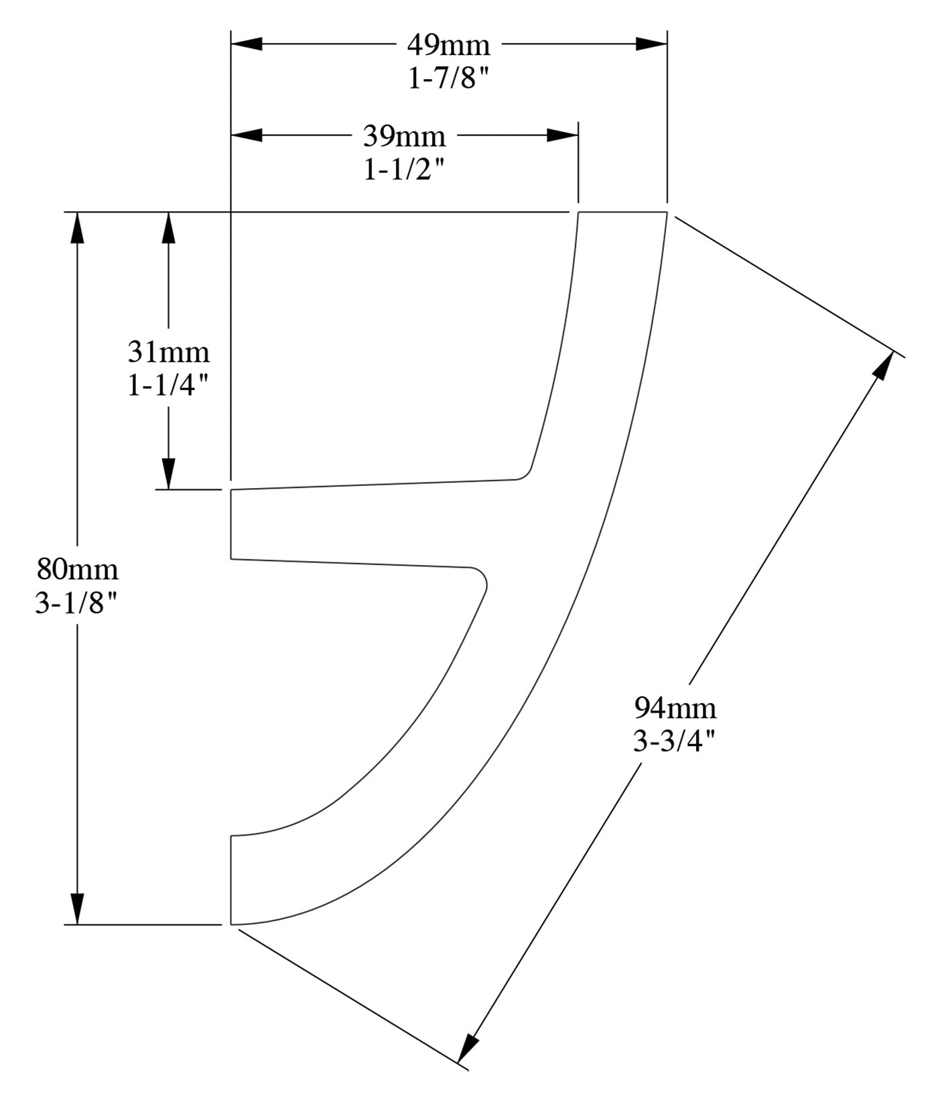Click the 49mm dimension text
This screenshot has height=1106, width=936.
point(448,46)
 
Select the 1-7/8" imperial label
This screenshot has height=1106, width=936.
point(448,79)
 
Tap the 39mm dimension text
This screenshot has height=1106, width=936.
point(404,137)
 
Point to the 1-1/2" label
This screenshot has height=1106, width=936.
point(404,171)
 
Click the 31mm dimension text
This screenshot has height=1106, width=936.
point(168,352)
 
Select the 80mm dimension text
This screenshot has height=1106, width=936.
point(77,569)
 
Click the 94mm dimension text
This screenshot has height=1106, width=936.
point(675,708)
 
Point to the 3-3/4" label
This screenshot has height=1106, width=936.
point(675,742)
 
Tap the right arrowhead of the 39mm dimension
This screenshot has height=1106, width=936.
point(563,135)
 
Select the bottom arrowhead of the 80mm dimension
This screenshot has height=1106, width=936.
point(78,909)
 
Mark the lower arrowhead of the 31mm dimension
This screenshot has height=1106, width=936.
point(168,474)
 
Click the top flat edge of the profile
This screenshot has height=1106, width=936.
point(622,212)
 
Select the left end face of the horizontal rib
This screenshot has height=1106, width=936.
point(231,524)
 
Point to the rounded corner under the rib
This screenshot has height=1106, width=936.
point(481,577)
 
